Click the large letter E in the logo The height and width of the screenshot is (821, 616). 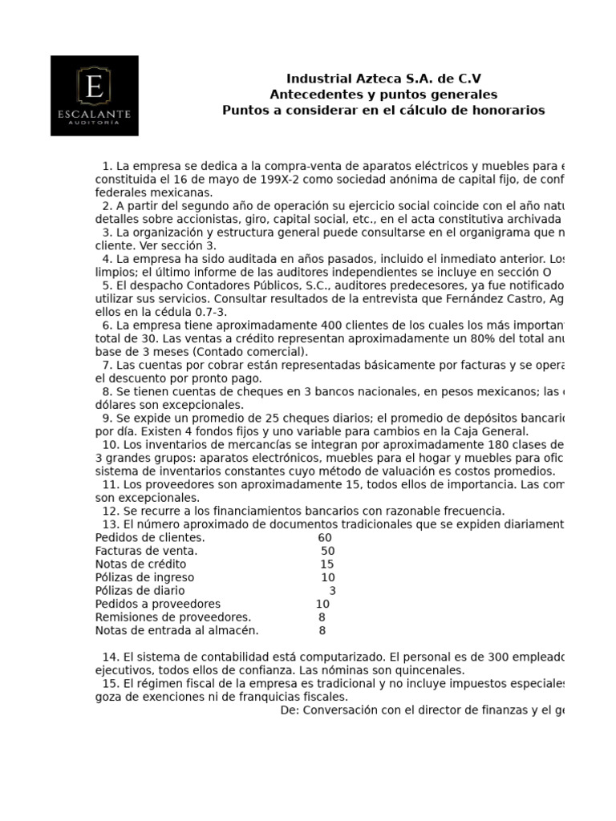[x=94, y=87]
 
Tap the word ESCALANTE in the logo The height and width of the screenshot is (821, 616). [x=94, y=115]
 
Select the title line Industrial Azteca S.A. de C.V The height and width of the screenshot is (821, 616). [x=383, y=79]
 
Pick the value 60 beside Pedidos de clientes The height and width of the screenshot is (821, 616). [x=325, y=537]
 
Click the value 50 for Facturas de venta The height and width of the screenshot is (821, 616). [x=328, y=551]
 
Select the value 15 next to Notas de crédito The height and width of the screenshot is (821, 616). [x=326, y=564]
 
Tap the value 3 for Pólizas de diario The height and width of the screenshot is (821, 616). [x=332, y=591]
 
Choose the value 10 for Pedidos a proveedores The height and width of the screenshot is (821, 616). [x=322, y=604]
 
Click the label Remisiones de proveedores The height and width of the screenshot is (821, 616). [x=172, y=617]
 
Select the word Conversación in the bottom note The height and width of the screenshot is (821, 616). [x=338, y=710]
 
